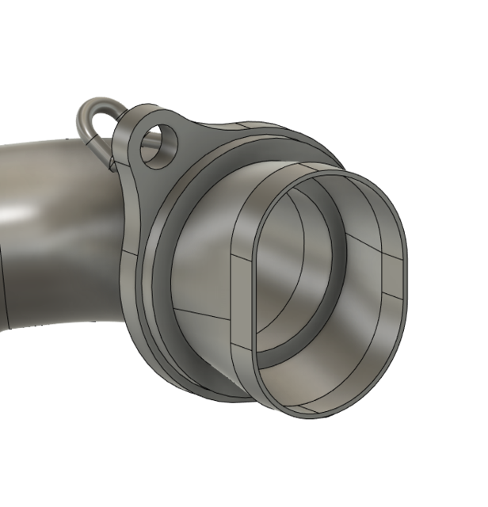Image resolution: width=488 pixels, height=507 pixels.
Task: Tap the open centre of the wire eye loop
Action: (94, 119)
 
